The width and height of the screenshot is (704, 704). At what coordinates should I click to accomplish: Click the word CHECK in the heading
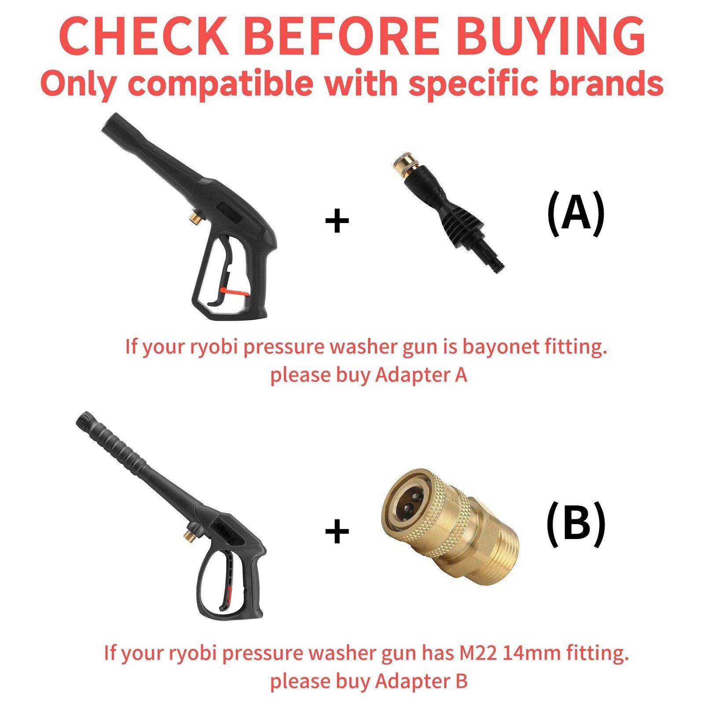coord(143,35)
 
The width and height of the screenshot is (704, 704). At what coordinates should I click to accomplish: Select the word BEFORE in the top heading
coord(341,35)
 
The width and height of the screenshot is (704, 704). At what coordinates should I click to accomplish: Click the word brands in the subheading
coord(607,83)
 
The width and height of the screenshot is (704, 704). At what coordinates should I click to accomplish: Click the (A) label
coord(576,213)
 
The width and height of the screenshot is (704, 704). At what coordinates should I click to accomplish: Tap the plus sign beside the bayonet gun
coord(337,221)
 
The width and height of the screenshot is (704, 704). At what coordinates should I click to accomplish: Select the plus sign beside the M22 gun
coord(337,531)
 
